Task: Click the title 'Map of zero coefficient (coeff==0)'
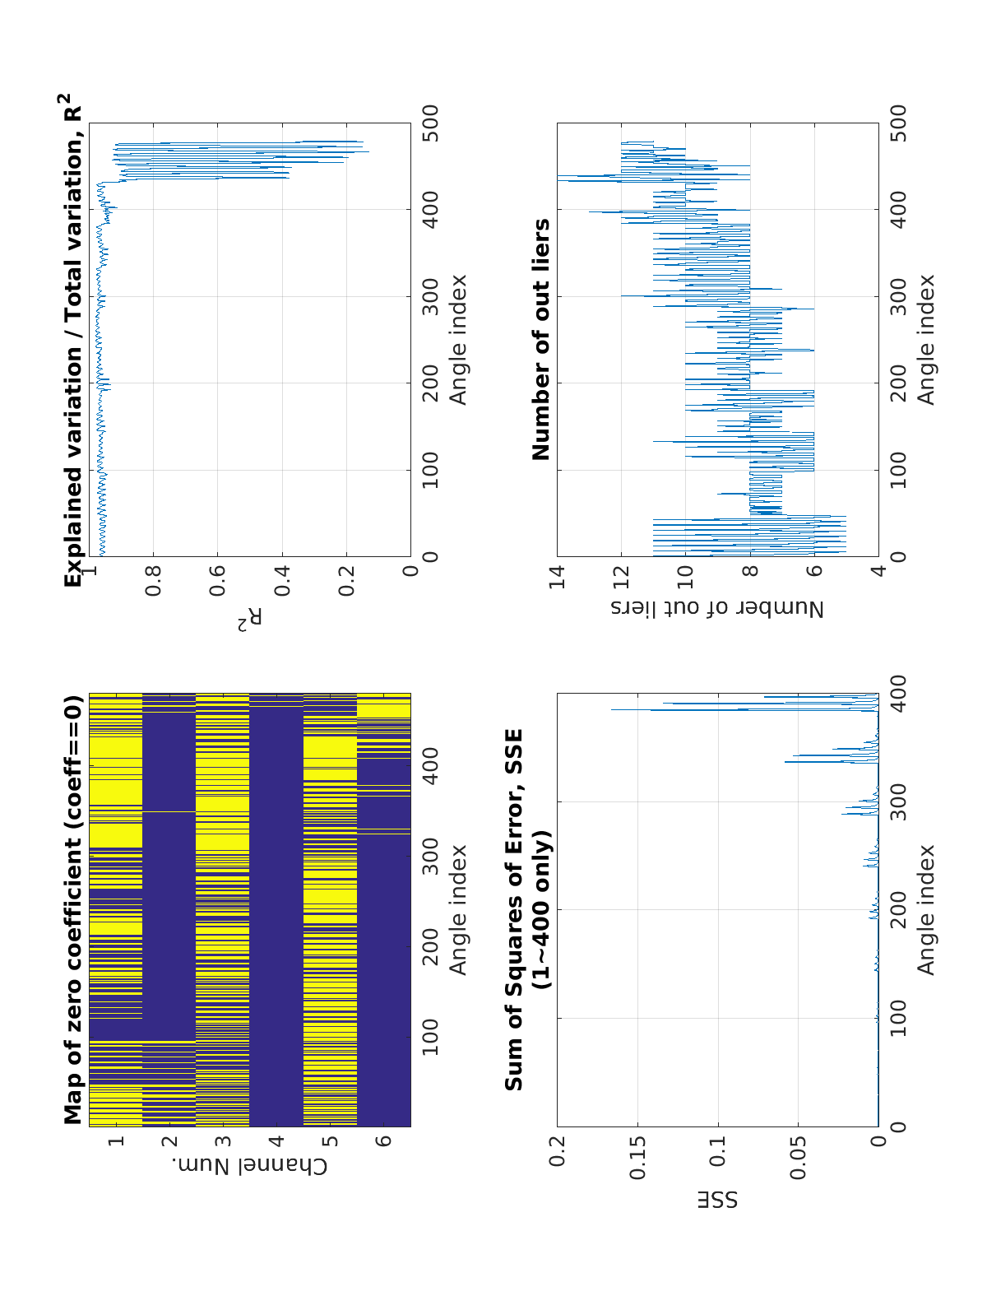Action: (x=74, y=899)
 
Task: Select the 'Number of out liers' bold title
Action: (x=541, y=339)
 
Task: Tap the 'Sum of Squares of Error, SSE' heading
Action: (x=514, y=909)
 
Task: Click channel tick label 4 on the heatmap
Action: (x=276, y=1141)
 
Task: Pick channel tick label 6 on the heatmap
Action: (x=384, y=1141)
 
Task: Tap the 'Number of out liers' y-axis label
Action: (x=717, y=609)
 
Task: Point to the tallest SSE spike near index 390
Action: (x=613, y=709)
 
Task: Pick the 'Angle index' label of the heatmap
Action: (x=457, y=909)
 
